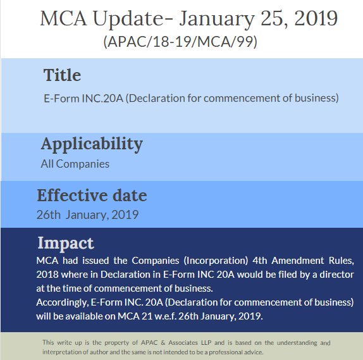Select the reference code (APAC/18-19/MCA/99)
(x=181, y=43)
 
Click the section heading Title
(x=62, y=75)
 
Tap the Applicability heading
(x=92, y=144)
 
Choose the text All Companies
(x=75, y=164)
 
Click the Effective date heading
(x=92, y=195)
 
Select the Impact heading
(x=65, y=243)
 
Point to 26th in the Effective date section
(x=49, y=214)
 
